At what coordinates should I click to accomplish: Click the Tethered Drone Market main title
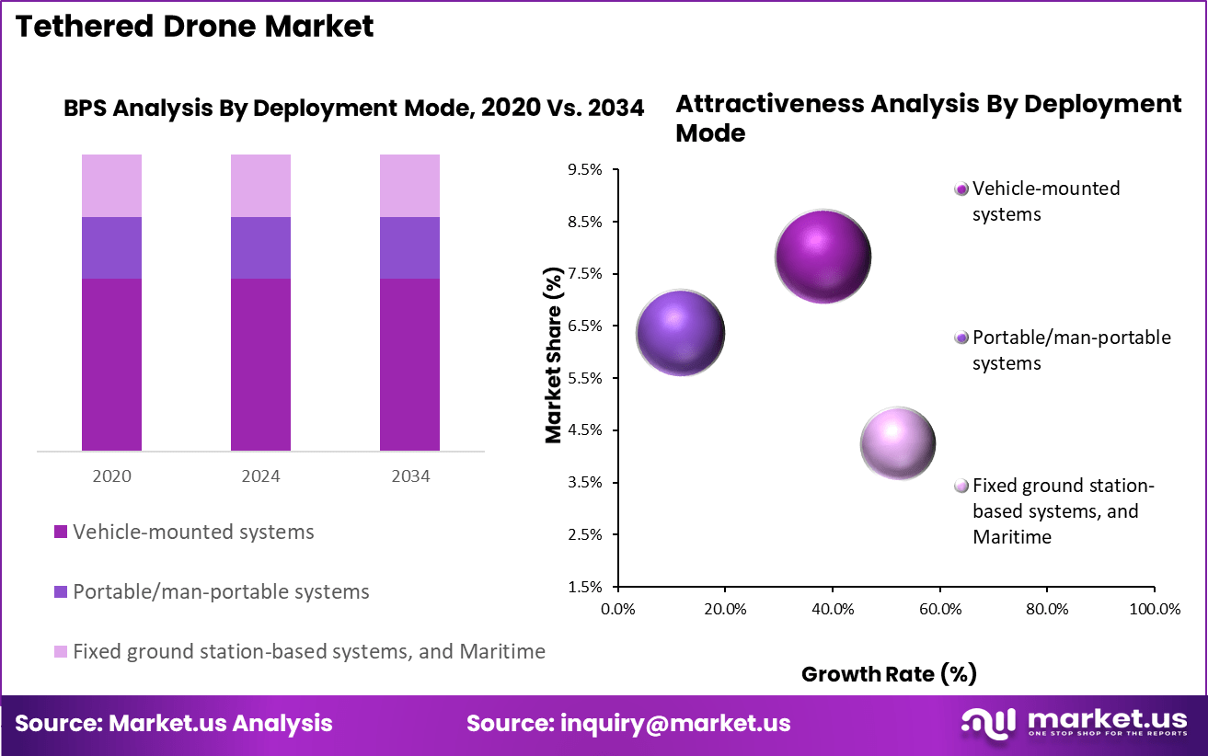coord(195,26)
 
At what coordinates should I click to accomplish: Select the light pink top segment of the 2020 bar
coord(111,185)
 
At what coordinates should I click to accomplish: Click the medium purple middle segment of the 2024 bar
coord(260,247)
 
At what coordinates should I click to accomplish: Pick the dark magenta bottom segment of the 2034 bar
coord(409,364)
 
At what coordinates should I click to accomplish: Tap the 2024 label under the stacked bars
coord(260,476)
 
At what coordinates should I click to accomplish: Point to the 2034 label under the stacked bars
coord(409,476)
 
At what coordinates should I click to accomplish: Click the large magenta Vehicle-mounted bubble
coord(823,257)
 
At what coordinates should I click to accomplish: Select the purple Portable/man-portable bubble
coord(680,332)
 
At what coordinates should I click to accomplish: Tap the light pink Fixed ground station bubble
coord(897,444)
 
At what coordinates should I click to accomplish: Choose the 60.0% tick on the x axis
coord(939,609)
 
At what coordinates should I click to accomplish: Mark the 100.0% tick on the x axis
coord(1154,609)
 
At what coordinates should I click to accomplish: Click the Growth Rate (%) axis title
coord(888,674)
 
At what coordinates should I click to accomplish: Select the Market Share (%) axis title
coord(553,356)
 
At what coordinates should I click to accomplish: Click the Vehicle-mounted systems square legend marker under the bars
coord(61,532)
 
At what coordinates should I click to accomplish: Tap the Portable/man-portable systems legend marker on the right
coord(961,338)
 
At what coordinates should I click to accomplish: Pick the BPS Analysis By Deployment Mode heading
coord(353,108)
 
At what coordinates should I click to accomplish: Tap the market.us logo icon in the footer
coord(989,722)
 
